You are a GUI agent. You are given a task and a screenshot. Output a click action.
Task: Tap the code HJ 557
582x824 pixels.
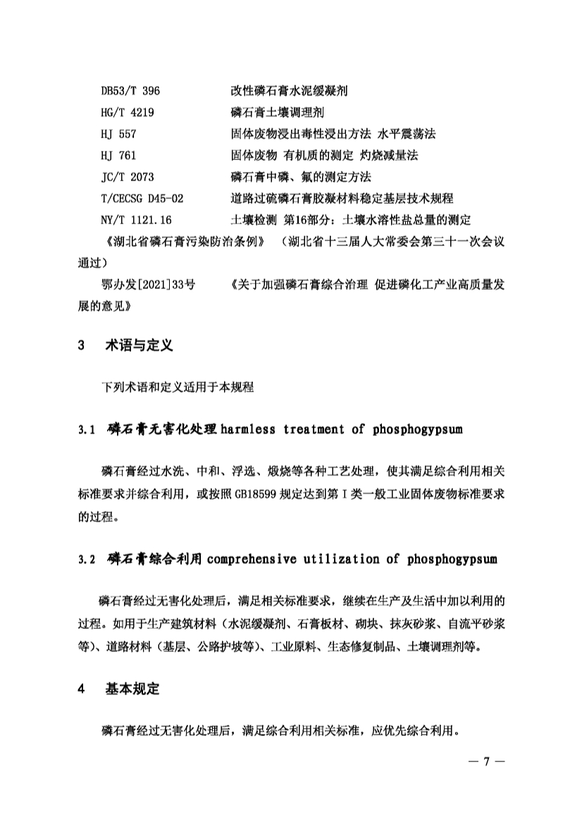[118, 133]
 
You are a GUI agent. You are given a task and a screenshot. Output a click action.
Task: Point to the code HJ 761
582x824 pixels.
[118, 154]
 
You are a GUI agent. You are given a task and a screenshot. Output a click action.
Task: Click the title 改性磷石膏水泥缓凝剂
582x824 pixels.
[290, 92]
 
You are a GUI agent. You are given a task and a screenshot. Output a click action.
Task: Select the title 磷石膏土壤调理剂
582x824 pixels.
[278, 112]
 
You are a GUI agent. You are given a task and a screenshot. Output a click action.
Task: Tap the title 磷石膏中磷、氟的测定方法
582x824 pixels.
[300, 176]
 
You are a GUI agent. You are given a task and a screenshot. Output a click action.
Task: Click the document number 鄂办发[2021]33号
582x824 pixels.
[149, 285]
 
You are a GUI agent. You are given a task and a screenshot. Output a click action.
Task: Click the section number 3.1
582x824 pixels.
[87, 429]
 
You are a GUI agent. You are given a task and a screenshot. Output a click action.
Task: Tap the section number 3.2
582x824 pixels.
[87, 560]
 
